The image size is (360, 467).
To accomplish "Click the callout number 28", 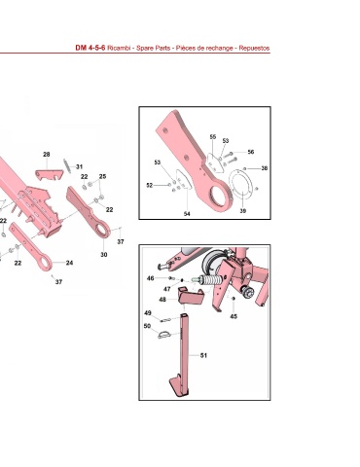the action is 47,155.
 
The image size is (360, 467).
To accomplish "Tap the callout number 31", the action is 79,166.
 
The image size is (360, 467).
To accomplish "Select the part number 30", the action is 103,255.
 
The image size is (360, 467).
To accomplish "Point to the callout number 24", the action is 69,263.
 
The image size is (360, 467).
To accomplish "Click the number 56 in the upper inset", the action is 251,152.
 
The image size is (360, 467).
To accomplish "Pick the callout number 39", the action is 243,211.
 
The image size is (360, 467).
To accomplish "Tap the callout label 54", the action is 187,214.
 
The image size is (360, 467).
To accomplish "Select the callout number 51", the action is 203,355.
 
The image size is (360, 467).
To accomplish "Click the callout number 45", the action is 234,316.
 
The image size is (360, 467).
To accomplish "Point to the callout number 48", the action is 162,300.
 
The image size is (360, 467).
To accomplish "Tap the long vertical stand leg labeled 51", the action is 184,353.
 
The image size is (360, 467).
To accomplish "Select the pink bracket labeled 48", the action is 190,296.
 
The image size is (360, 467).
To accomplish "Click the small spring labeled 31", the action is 67,166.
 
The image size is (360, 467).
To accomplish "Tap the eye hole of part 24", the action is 45,263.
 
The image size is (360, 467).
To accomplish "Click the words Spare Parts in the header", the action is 153,48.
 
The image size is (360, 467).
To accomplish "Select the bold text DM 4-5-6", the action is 90,48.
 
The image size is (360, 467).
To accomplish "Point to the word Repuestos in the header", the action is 254,48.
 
